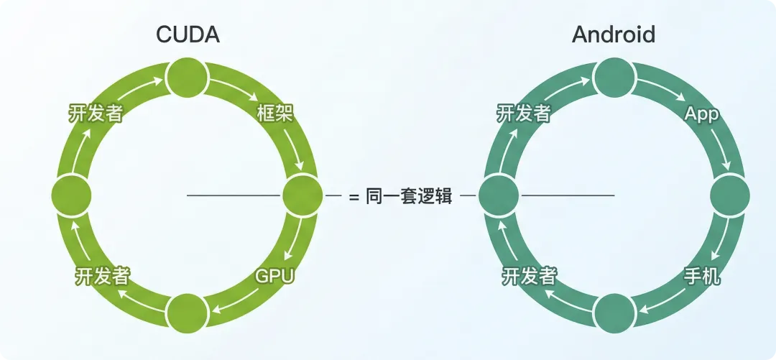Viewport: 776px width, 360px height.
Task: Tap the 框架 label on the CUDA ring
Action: coord(274,113)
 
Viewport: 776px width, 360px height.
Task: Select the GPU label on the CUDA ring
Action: coord(275,276)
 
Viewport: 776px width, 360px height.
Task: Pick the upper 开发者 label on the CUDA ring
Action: coord(96,113)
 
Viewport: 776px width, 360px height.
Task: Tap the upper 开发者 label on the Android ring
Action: coord(524,113)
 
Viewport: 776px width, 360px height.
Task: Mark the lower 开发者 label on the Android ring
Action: coord(530,275)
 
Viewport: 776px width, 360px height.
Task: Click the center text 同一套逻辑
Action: coord(409,196)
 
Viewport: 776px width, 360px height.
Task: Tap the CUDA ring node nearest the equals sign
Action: coord(302,195)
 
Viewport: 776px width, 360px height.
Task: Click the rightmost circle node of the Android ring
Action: coord(730,195)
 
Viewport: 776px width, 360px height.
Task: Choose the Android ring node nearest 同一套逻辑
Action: coord(498,195)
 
